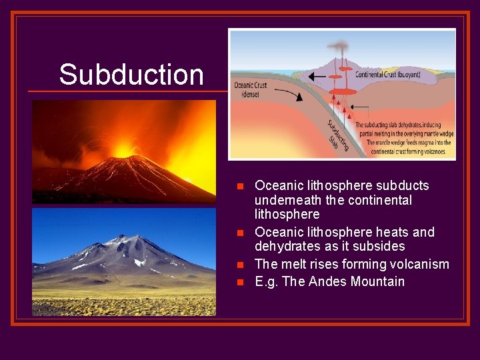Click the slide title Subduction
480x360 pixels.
pos(131,74)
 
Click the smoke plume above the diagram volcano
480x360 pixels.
pos(339,48)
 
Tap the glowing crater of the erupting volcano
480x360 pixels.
pos(123,151)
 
